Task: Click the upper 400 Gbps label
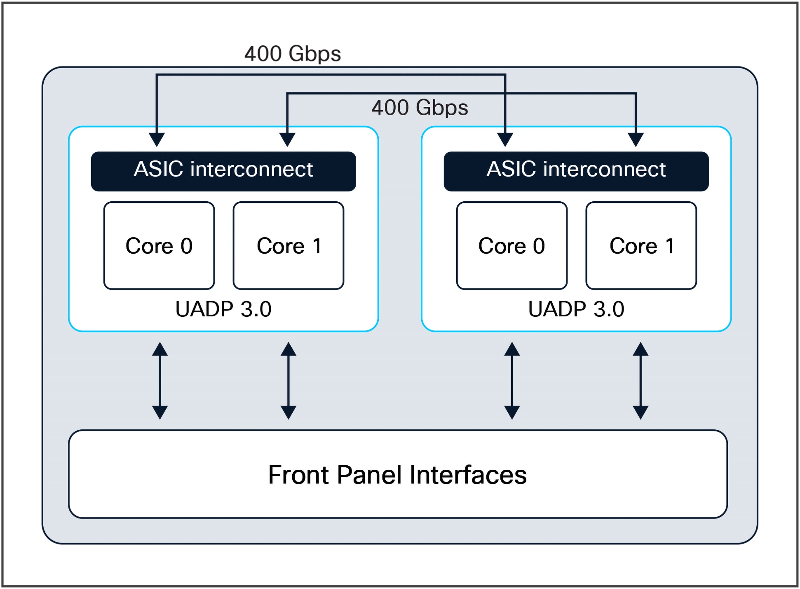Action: [293, 54]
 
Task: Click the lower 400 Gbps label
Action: [420, 108]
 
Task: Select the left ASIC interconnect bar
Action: [223, 171]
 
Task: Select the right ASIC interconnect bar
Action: [576, 171]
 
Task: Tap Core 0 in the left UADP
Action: [159, 246]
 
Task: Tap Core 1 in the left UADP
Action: [289, 246]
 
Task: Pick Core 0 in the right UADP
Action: [511, 246]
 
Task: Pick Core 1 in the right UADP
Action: [641, 246]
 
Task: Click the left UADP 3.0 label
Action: [223, 309]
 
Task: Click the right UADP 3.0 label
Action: [576, 309]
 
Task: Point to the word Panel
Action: [369, 475]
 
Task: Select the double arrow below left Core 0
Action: [160, 381]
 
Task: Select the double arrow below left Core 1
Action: [289, 381]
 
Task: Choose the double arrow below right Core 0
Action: [512, 381]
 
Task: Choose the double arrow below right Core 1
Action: [640, 381]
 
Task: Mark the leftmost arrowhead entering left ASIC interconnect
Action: [157, 139]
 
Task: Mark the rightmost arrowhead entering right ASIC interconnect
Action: [636, 139]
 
